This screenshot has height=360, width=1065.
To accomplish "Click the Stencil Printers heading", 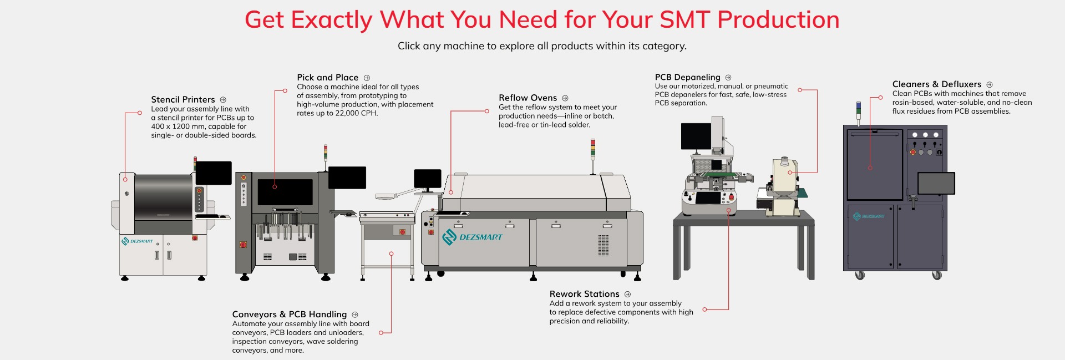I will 182,100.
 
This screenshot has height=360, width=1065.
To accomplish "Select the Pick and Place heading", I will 327,78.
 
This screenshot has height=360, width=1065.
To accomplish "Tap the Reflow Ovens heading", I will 528,98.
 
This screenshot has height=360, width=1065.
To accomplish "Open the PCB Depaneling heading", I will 687,77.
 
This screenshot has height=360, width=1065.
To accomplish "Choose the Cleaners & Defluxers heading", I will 936,84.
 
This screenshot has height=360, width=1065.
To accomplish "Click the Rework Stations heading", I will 584,294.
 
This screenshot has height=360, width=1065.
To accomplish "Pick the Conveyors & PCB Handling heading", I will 289,315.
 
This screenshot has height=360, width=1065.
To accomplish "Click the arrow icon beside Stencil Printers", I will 223,100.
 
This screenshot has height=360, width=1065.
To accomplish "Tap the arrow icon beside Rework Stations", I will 627,295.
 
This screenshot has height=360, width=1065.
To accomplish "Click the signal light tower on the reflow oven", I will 592,150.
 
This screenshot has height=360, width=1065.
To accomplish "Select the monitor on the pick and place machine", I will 347,178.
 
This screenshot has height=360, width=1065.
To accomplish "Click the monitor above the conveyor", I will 427,179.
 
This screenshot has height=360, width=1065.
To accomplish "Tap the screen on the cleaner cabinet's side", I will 936,183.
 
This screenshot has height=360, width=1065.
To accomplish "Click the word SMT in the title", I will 685,20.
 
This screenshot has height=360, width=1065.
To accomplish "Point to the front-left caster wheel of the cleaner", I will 860,275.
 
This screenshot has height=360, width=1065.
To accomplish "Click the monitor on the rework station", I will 696,136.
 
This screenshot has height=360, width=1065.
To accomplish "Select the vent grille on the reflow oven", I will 603,245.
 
